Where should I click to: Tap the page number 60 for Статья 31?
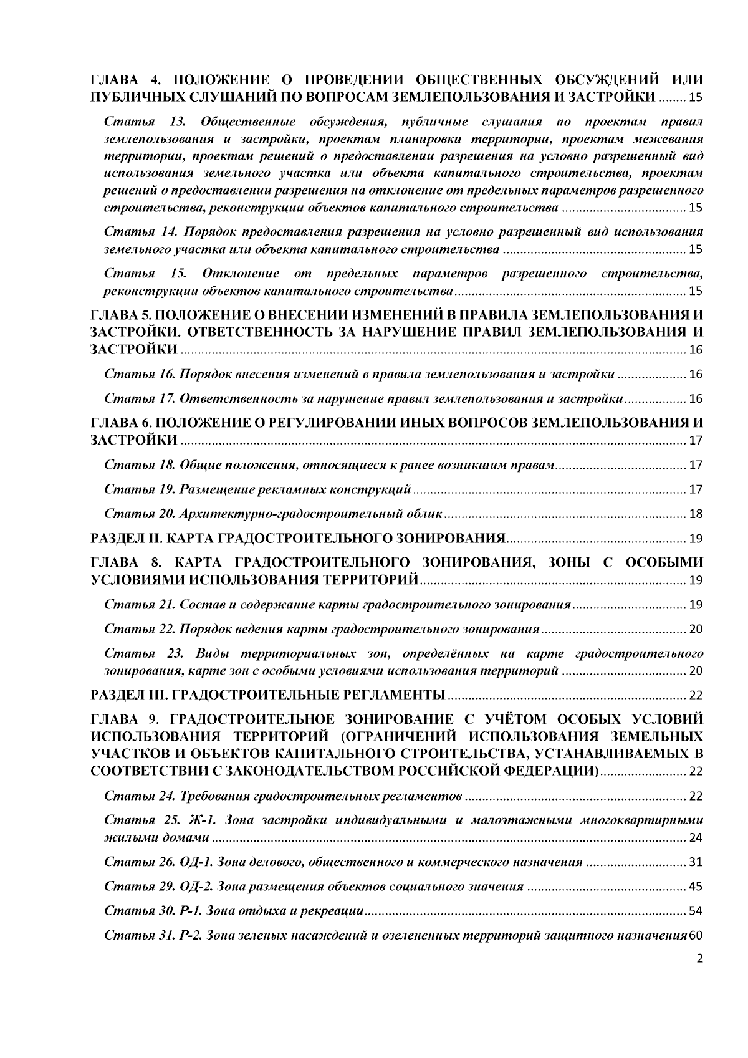696,935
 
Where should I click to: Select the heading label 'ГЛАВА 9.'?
122,718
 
